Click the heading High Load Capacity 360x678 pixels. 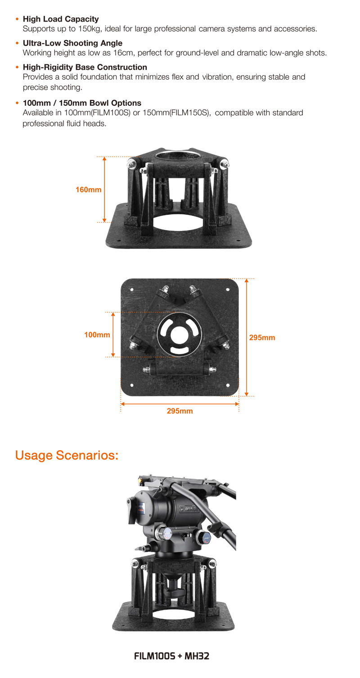pyautogui.click(x=61, y=19)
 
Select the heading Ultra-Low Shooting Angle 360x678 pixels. pyautogui.click(x=72, y=43)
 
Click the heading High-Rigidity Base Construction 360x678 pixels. pyautogui.click(x=85, y=67)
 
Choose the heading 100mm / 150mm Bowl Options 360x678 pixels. pyautogui.click(x=82, y=103)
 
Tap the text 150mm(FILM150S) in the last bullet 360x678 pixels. pyautogui.click(x=176, y=113)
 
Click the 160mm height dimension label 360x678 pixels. pyautogui.click(x=88, y=190)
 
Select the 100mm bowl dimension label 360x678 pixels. pyautogui.click(x=97, y=335)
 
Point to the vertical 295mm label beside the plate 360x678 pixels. pyautogui.click(x=262, y=338)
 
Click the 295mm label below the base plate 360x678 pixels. pyautogui.click(x=180, y=411)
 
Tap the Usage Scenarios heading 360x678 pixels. pyautogui.click(x=67, y=455)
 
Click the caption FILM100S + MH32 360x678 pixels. pyautogui.click(x=171, y=656)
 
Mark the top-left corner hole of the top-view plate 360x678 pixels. pyautogui.click(x=132, y=289)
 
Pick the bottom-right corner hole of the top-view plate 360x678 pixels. pyautogui.click(x=228, y=385)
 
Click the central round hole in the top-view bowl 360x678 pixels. pyautogui.click(x=180, y=334)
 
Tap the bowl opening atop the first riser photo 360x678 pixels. pyautogui.click(x=178, y=155)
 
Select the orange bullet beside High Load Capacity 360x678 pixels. pyautogui.click(x=17, y=19)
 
